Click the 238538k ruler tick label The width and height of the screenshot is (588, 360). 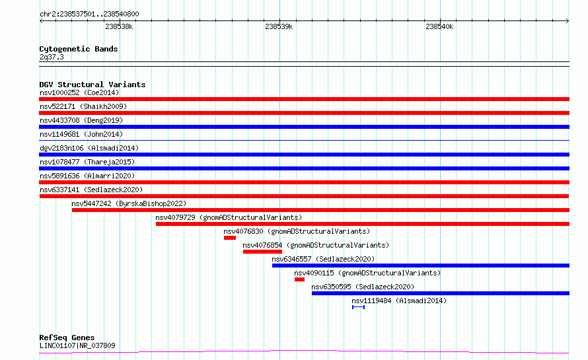119,26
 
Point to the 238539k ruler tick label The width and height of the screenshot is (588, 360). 279,26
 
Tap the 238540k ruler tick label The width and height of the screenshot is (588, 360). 439,26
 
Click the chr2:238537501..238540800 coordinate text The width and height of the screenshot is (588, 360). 89,14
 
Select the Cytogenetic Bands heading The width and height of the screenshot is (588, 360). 79,49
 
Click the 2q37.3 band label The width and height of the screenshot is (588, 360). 52,57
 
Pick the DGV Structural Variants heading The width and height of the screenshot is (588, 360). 92,85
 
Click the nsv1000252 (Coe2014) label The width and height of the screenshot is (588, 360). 79,92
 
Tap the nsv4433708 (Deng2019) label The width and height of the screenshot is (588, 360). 81,120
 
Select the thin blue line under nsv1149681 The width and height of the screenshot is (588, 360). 304,140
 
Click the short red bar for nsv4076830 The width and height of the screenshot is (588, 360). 230,238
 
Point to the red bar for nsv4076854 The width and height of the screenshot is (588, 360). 262,252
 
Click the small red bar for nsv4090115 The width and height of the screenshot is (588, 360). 300,279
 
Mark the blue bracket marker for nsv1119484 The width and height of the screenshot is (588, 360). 359,307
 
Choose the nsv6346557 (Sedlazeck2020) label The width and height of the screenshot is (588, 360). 323,259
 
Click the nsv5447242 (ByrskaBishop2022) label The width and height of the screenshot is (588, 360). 129,203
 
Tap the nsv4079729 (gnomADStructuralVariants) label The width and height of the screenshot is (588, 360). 229,217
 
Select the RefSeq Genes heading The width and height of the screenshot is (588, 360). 67,338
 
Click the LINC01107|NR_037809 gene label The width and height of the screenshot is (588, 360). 77,345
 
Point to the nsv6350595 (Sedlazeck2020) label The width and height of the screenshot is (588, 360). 363,287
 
